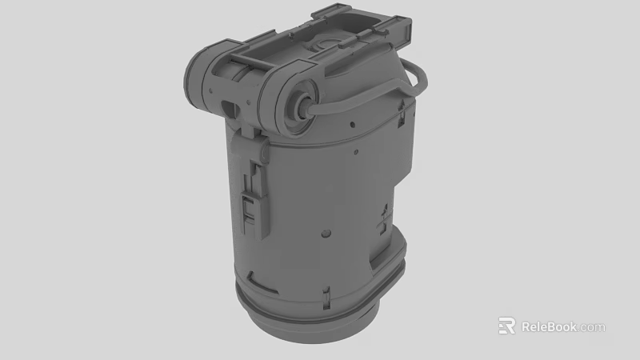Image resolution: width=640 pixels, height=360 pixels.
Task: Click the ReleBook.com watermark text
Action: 563,326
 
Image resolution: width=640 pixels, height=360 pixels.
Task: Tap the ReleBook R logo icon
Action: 506,326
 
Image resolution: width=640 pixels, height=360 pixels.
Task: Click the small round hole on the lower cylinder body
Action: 326,233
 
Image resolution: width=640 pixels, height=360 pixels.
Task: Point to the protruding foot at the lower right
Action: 390,264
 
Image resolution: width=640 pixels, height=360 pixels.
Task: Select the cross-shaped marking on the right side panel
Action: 385,216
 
